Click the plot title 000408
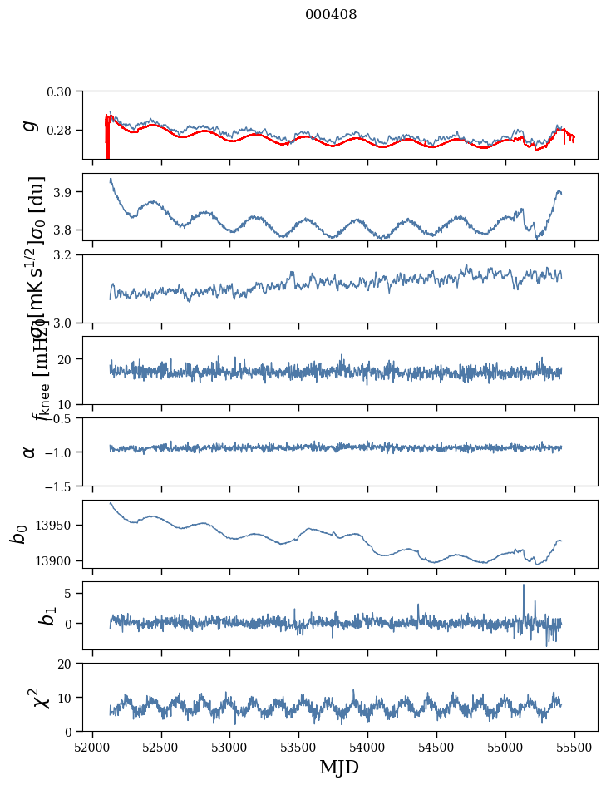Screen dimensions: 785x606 (x=331, y=15)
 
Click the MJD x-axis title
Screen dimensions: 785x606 (x=339, y=768)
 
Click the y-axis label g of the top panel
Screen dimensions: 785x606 (x=30, y=125)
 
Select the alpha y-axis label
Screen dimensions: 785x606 (x=30, y=452)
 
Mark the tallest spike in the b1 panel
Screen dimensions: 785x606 (x=524, y=585)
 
